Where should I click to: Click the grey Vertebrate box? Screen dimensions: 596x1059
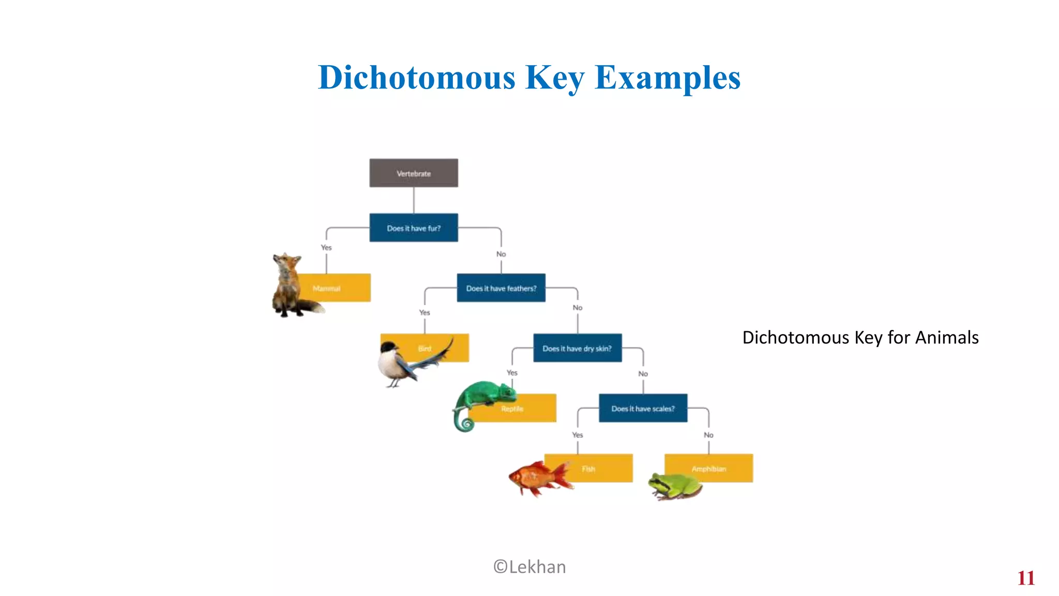(414, 173)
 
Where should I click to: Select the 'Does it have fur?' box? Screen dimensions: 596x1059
(414, 228)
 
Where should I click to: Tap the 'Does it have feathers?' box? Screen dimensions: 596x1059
(501, 288)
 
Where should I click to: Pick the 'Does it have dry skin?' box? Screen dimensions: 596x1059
(577, 348)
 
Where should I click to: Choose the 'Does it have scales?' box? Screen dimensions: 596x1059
(643, 408)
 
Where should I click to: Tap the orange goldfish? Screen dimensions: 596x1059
(538, 477)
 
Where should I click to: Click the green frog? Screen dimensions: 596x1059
(675, 485)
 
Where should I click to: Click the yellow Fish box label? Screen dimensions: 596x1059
(595, 468)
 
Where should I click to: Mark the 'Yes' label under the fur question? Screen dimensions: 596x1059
(326, 247)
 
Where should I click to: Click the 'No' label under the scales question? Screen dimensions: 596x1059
(708, 435)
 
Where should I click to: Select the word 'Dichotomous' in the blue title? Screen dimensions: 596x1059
(417, 78)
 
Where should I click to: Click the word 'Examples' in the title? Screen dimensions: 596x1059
(668, 78)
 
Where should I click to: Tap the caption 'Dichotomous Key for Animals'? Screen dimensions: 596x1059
(860, 337)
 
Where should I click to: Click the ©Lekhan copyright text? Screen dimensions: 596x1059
(529, 567)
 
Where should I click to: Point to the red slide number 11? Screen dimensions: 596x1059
(1026, 578)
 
